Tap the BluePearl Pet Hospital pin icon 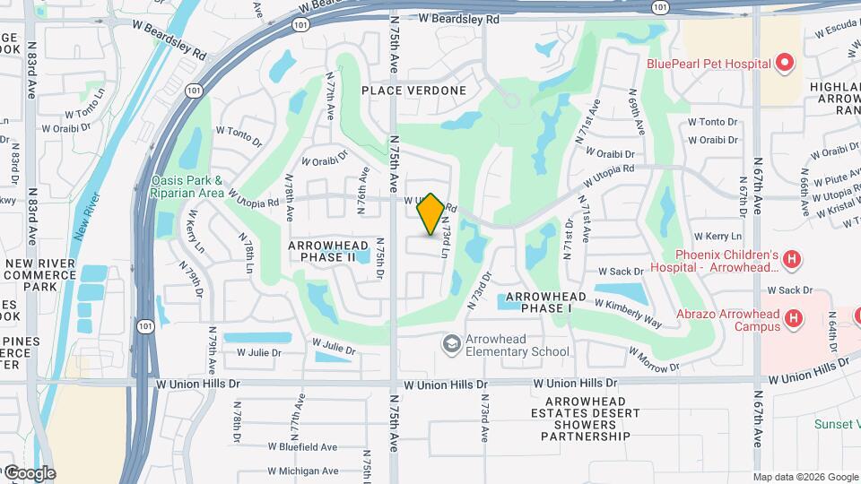[x=785, y=64]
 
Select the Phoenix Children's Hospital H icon [x=791, y=260]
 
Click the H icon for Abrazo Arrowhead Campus [x=793, y=318]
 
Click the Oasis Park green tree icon [x=141, y=186]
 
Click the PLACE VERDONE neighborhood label [x=414, y=91]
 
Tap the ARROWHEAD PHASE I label [x=546, y=302]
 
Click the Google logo [x=30, y=473]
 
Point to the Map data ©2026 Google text [x=804, y=477]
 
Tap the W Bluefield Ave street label [x=303, y=446]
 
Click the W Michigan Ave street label [x=303, y=471]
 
